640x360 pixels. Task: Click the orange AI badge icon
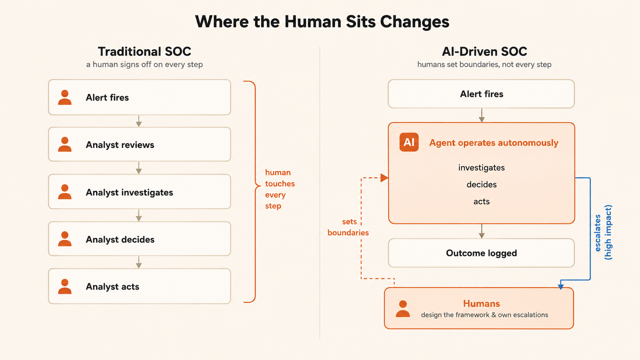tap(409, 142)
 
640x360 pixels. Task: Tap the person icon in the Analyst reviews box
tap(65, 144)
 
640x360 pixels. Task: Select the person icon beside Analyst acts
tap(65, 286)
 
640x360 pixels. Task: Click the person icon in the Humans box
tap(403, 309)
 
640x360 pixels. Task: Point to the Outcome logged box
tap(481, 253)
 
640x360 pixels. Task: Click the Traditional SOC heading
tap(145, 52)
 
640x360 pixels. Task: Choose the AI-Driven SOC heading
tap(485, 52)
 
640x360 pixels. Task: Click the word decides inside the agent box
tap(482, 184)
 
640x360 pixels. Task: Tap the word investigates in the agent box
tap(482, 168)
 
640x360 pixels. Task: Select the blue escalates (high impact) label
tap(603, 232)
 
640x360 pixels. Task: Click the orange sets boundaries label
tap(348, 227)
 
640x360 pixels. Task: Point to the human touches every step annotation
tap(280, 189)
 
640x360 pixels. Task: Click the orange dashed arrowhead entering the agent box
tap(384, 178)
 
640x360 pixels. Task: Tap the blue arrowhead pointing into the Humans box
tap(561, 286)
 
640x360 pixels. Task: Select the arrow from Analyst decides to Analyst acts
tap(139, 262)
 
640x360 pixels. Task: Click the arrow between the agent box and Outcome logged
tap(482, 231)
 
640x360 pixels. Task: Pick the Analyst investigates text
tap(129, 192)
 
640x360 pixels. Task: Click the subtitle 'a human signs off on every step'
tap(145, 65)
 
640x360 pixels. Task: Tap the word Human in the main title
tap(313, 21)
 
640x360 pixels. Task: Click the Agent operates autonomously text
tap(494, 142)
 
